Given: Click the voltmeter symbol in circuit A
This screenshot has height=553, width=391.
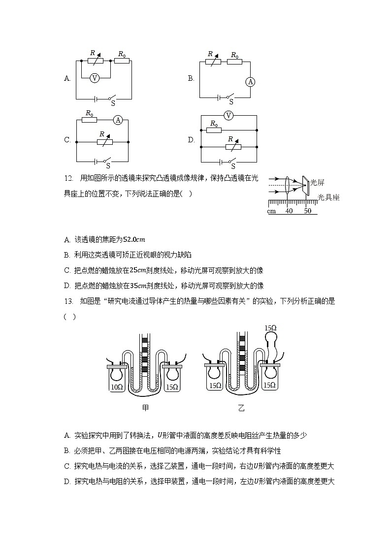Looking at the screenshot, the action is click(x=96, y=78).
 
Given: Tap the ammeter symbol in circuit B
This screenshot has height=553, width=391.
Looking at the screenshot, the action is click(x=250, y=82).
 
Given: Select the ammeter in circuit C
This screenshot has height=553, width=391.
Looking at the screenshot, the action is click(x=118, y=120).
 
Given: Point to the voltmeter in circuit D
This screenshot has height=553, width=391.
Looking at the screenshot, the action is click(x=228, y=115).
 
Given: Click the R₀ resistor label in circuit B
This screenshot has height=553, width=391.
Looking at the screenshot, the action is click(x=234, y=55).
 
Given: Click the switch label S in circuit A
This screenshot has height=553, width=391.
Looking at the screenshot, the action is click(x=113, y=103).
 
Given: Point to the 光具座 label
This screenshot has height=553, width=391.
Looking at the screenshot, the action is click(x=328, y=197).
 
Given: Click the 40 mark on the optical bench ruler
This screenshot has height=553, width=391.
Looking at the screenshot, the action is click(x=289, y=211).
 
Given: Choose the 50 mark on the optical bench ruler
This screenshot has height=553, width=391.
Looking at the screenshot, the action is click(x=307, y=211).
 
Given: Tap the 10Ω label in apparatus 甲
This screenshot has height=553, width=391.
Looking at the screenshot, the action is click(x=117, y=387).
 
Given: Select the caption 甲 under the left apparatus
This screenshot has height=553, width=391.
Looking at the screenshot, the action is click(x=145, y=408).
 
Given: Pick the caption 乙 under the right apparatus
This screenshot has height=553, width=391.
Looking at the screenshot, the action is click(x=241, y=408).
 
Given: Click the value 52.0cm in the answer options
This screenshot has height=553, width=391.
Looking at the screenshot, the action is click(x=134, y=240).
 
